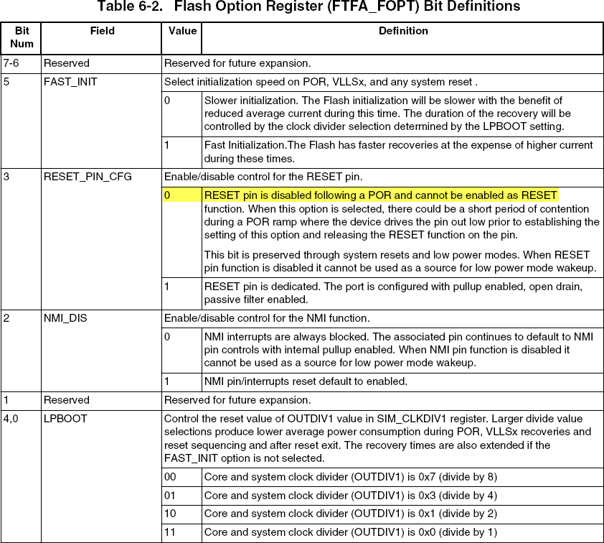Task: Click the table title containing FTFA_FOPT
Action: (308, 7)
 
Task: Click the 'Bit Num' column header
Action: (22, 37)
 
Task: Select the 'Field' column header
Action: (102, 32)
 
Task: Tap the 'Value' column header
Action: (182, 32)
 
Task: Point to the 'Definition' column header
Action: (402, 32)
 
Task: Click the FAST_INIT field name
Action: (70, 82)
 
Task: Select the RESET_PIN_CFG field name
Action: (88, 175)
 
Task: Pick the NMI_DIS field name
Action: (65, 318)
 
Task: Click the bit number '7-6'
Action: (12, 63)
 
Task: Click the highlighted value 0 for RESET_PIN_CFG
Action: (168, 195)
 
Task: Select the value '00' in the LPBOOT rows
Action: (171, 477)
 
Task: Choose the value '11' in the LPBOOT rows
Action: (171, 533)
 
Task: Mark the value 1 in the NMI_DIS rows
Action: (167, 381)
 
